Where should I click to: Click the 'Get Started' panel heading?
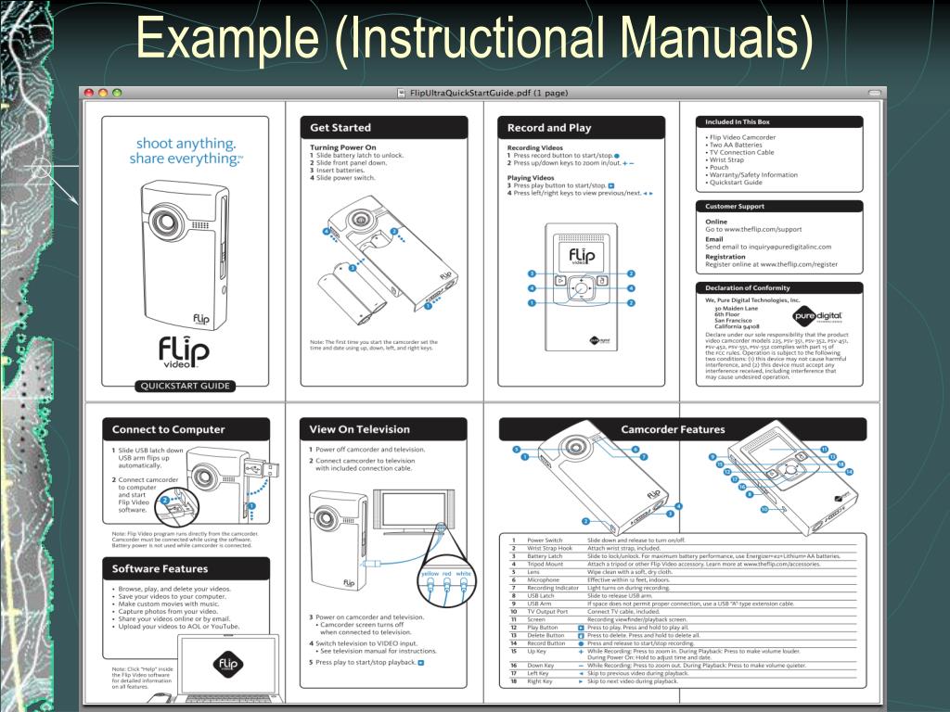(x=340, y=127)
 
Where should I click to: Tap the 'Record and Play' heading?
(x=549, y=127)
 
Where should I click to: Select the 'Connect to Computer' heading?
(x=169, y=429)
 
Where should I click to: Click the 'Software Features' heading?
(x=160, y=568)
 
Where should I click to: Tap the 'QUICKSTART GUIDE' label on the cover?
(x=185, y=387)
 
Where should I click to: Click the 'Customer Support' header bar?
(x=735, y=206)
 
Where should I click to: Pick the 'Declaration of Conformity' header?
(x=750, y=287)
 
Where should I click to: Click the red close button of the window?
(x=89, y=93)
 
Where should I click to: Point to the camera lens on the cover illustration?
(x=168, y=222)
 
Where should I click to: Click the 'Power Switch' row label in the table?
(x=546, y=540)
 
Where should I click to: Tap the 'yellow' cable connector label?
(x=430, y=574)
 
